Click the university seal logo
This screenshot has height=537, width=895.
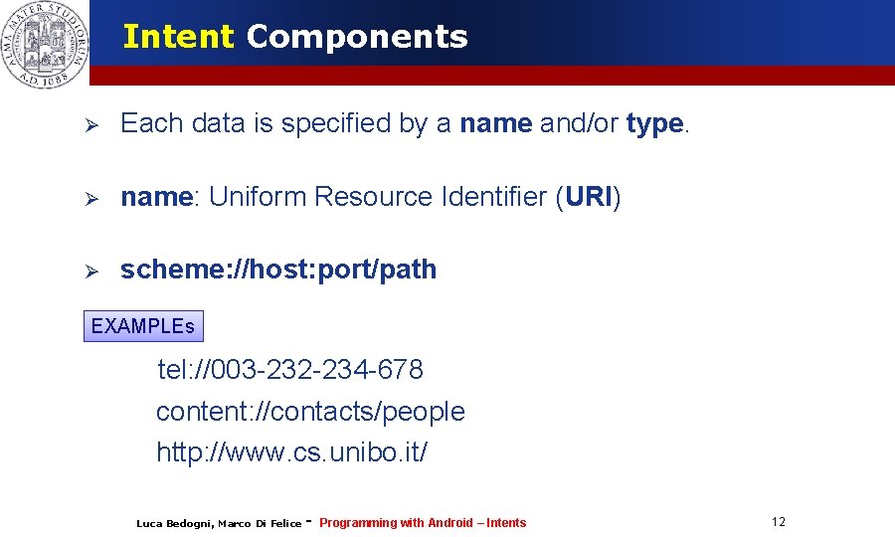pyautogui.click(x=45, y=45)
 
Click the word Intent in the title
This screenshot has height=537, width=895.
pyautogui.click(x=178, y=37)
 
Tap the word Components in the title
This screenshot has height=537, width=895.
pyautogui.click(x=357, y=37)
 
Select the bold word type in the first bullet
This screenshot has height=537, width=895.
pyautogui.click(x=654, y=123)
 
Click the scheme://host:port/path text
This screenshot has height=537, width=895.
pyautogui.click(x=278, y=269)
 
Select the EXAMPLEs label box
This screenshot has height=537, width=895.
pyautogui.click(x=143, y=326)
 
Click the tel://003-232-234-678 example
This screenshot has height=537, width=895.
pyautogui.click(x=290, y=370)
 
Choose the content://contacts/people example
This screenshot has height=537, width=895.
pyautogui.click(x=310, y=412)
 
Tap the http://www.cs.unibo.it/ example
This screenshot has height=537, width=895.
pyautogui.click(x=292, y=452)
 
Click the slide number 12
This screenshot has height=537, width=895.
pyautogui.click(x=778, y=522)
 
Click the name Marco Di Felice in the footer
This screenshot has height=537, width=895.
pyautogui.click(x=260, y=523)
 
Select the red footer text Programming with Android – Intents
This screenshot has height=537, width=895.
pyautogui.click(x=423, y=523)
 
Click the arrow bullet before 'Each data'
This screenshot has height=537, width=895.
pyautogui.click(x=89, y=124)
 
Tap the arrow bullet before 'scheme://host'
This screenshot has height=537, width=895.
pyautogui.click(x=89, y=270)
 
